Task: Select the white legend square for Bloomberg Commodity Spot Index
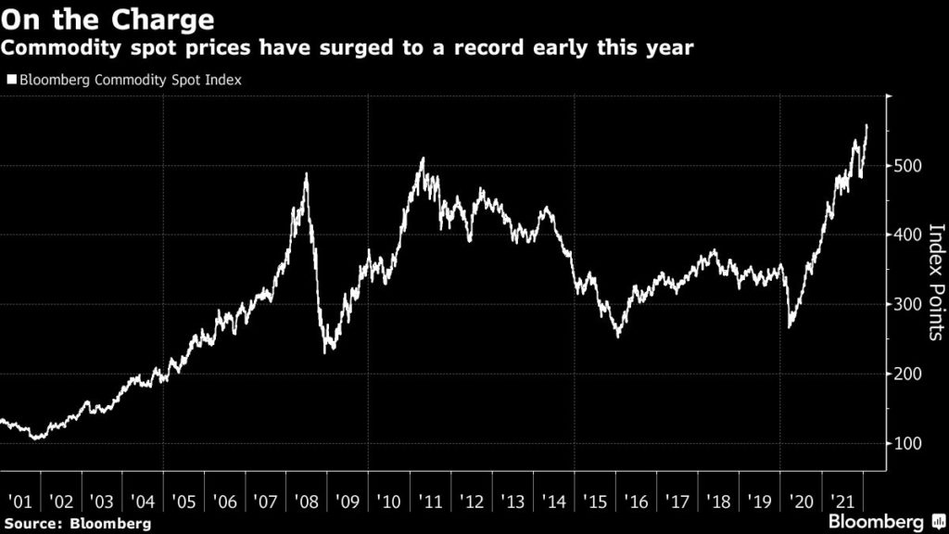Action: [12, 81]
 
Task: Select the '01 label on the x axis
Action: [19, 502]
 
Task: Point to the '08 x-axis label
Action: [306, 502]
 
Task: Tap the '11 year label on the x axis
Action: [429, 502]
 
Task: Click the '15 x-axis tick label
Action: [593, 502]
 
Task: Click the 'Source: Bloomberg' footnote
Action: [76, 525]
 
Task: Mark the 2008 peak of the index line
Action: [306, 173]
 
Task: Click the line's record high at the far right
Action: [867, 125]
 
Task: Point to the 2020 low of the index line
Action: [790, 327]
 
